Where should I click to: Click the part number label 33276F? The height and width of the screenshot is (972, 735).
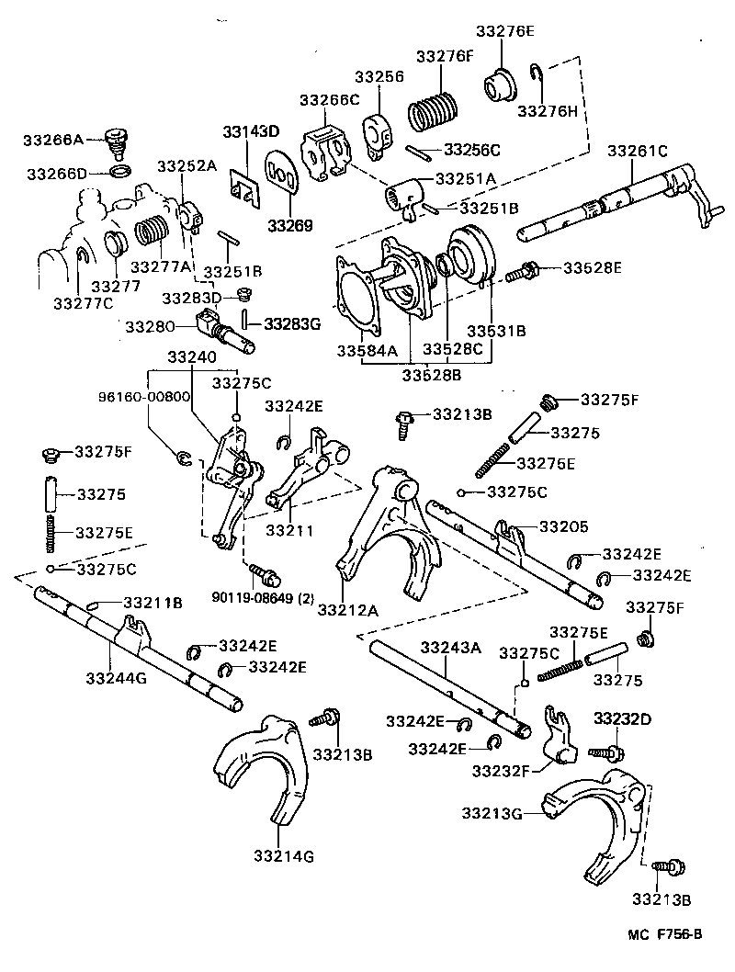tap(444, 56)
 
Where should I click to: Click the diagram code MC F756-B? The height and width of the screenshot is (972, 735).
tap(665, 935)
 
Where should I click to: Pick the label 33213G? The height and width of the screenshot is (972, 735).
tap(492, 812)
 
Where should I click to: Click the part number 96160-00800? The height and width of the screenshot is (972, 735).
tap(144, 398)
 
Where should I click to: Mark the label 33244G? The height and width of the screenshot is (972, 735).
tap(115, 679)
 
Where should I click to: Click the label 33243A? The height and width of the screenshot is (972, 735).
tap(451, 648)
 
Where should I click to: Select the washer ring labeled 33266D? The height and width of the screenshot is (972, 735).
tap(119, 173)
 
